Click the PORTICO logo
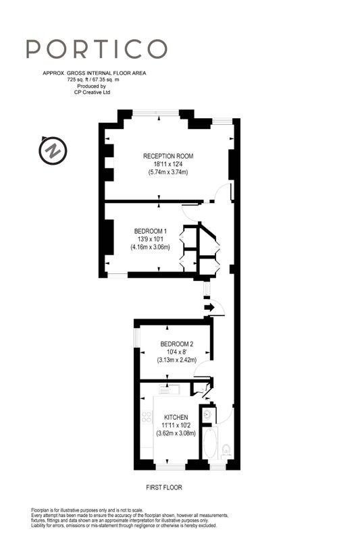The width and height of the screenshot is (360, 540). coord(97,49)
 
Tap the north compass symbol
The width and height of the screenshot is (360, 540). coord(53,151)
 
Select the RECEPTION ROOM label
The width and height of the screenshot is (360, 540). coord(168,156)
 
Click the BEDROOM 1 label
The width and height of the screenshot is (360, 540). coord(150,231)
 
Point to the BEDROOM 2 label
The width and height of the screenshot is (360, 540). coord(177,344)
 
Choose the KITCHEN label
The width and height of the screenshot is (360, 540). coord(176,417)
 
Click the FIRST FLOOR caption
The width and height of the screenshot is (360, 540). coord(164,487)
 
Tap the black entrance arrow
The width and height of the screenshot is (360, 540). coord(209,307)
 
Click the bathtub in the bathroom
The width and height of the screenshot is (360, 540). coord(210,443)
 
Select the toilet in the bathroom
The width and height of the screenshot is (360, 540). coord(226,450)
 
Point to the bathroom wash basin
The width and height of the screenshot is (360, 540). coord(207,414)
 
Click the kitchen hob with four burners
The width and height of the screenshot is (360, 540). coord(147,416)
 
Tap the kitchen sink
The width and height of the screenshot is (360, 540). coord(168,389)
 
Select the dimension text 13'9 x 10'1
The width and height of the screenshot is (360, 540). coord(150,239)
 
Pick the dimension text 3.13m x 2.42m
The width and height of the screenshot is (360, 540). coord(177,360)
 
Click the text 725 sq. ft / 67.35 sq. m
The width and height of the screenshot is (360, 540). coord(93,80)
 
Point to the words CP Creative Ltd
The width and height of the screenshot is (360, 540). coord(92,92)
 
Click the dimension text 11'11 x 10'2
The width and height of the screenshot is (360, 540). coord(176,425)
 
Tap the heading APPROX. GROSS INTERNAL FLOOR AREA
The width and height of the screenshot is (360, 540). coord(95,73)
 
